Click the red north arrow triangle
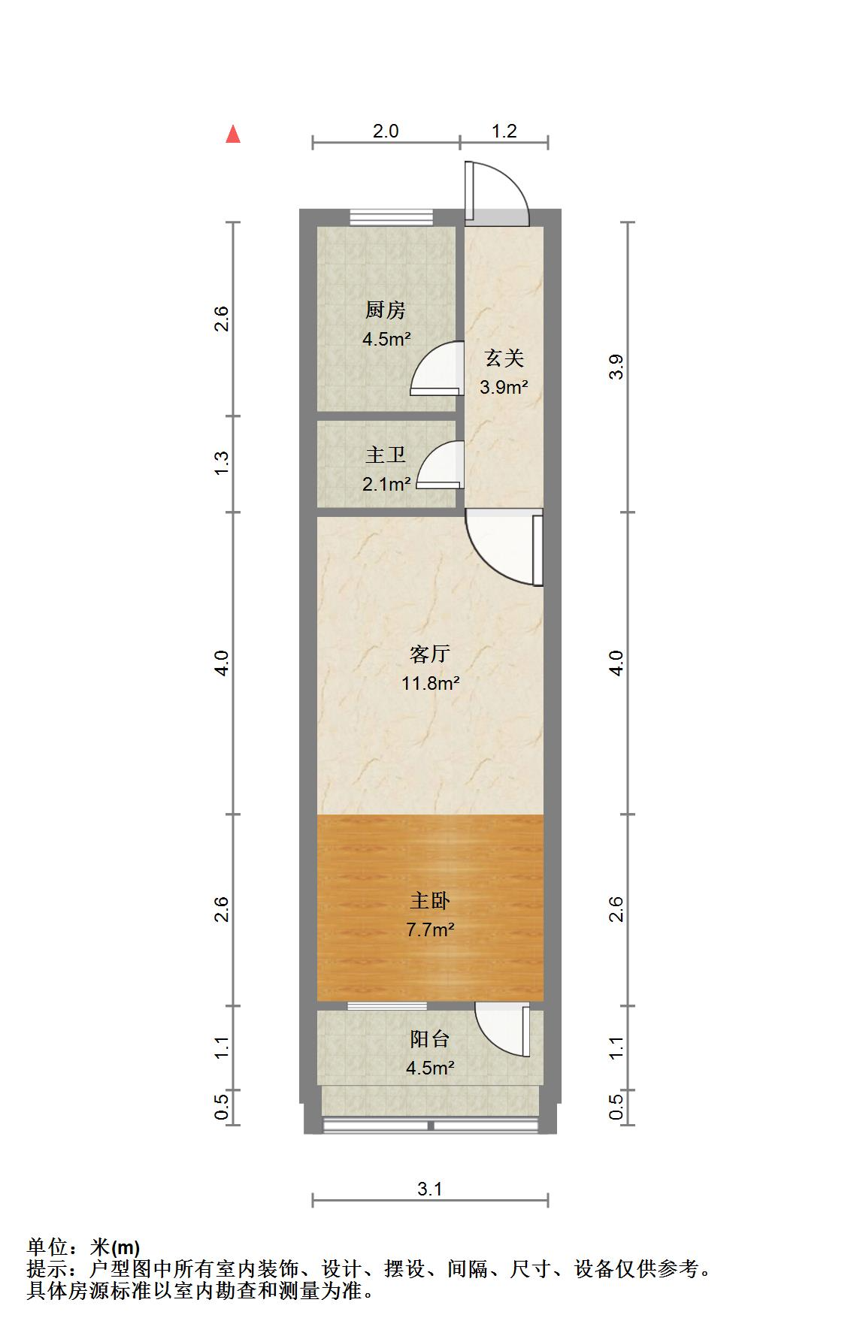[234, 135]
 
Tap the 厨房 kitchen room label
[386, 310]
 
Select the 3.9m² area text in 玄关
[504, 388]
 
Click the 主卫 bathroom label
[386, 455]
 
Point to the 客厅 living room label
[430, 654]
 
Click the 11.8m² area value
[430, 683]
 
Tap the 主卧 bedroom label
[430, 900]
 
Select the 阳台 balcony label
[430, 1039]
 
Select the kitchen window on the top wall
[392, 218]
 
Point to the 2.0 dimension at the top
[386, 131]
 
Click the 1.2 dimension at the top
[504, 131]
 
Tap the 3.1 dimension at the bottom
[430, 1189]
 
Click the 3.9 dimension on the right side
[616, 367]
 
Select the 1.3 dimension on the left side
[221, 463]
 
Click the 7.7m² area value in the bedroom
[430, 929]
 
